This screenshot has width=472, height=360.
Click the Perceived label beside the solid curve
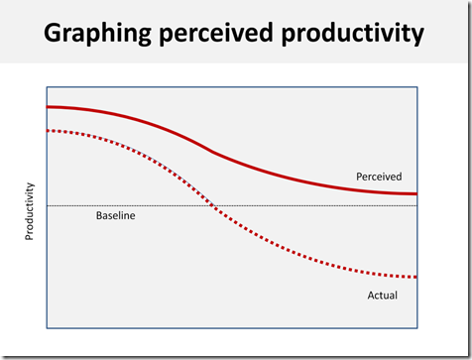(381, 177)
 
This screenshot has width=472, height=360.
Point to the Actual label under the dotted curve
(383, 295)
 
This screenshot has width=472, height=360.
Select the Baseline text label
(115, 215)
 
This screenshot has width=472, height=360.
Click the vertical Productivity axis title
(29, 211)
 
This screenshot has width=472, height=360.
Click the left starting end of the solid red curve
(48, 106)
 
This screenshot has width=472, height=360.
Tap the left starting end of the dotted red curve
(48, 130)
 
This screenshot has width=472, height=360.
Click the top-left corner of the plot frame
(47, 86)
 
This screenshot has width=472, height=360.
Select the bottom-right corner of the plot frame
(417, 327)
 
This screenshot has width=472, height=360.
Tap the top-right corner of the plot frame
(417, 86)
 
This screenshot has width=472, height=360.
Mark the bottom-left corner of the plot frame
(47, 327)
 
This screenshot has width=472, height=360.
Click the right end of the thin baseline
(416, 205)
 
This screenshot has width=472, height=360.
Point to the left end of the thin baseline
(48, 205)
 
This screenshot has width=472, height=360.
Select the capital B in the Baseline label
(99, 215)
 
